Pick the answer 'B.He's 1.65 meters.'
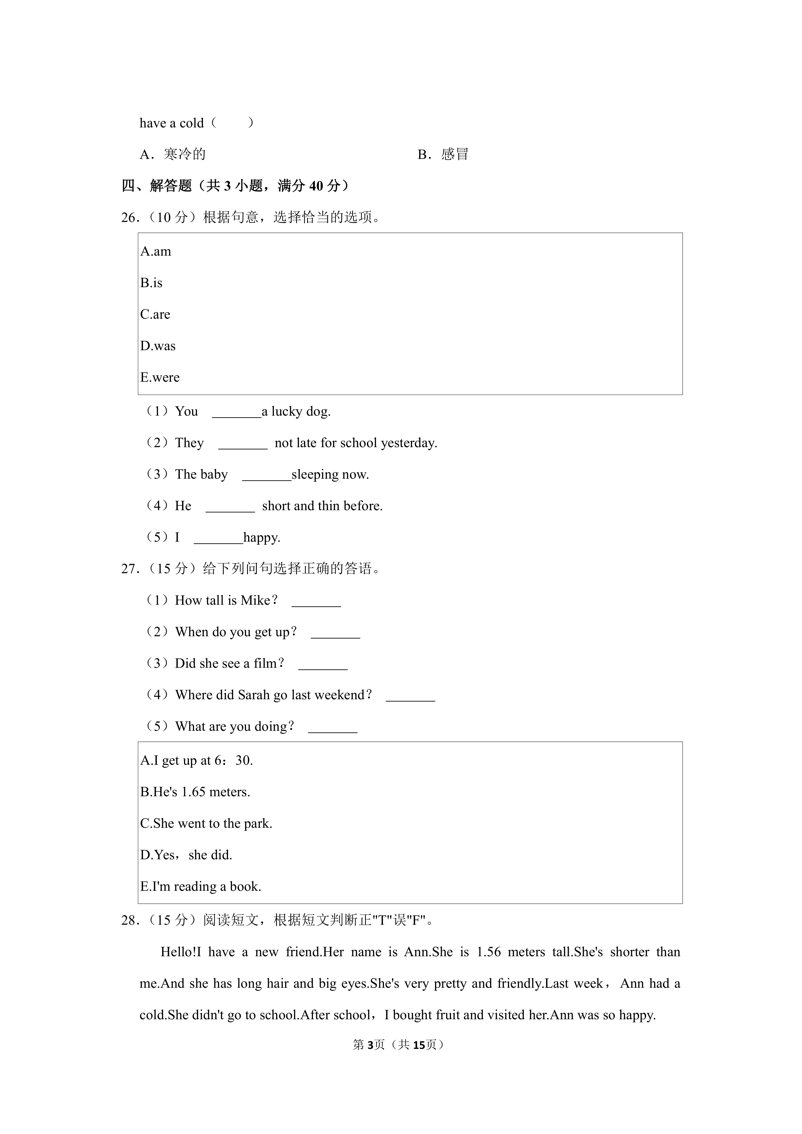195,792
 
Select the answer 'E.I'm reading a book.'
200,886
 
